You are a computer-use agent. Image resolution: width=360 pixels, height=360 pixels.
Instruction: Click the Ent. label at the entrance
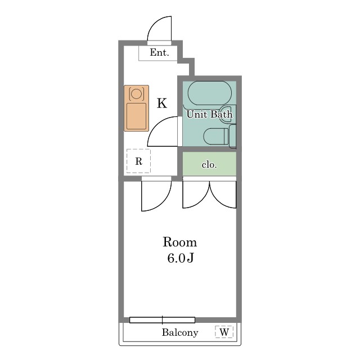tap(159, 52)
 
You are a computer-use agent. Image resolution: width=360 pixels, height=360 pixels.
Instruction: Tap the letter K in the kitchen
tap(162, 103)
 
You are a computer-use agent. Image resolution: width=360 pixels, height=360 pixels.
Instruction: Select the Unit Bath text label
tap(209, 114)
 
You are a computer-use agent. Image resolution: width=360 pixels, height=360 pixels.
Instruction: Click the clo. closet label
tap(209, 165)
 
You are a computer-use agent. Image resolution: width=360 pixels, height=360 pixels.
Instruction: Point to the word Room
tap(180, 242)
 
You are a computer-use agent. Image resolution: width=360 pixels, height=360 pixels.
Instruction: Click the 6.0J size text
tap(181, 258)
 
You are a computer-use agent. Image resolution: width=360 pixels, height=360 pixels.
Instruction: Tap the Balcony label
tap(180, 332)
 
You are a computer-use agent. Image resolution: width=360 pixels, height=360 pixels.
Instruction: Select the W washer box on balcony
tap(224, 332)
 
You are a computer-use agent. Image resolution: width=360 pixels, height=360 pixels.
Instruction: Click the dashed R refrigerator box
tap(139, 161)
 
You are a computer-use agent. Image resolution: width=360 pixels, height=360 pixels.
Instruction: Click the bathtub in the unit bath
tap(210, 93)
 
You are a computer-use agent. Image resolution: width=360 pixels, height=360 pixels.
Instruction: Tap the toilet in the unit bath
tap(216, 136)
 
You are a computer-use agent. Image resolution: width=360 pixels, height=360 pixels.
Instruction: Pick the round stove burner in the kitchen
tap(137, 93)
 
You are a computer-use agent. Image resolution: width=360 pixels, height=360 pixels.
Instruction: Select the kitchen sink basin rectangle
tap(136, 116)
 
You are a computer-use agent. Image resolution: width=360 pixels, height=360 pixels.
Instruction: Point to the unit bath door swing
tap(156, 124)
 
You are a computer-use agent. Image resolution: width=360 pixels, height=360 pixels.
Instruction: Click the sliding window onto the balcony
tap(162, 320)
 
